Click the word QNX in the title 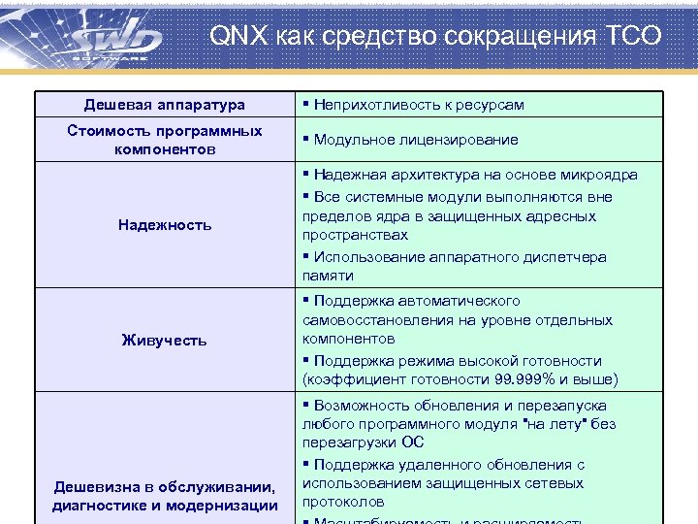pyautogui.click(x=233, y=38)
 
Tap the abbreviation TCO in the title pyautogui.click(x=634, y=38)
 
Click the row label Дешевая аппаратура pyautogui.click(x=164, y=105)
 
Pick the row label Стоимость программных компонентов pyautogui.click(x=164, y=140)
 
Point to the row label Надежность pyautogui.click(x=164, y=225)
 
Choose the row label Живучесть pyautogui.click(x=164, y=340)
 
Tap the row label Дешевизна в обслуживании pyautogui.click(x=164, y=486)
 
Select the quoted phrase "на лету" pyautogui.click(x=555, y=424)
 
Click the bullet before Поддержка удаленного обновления pyautogui.click(x=305, y=465)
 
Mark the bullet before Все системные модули pyautogui.click(x=305, y=197)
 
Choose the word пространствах pyautogui.click(x=355, y=235)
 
